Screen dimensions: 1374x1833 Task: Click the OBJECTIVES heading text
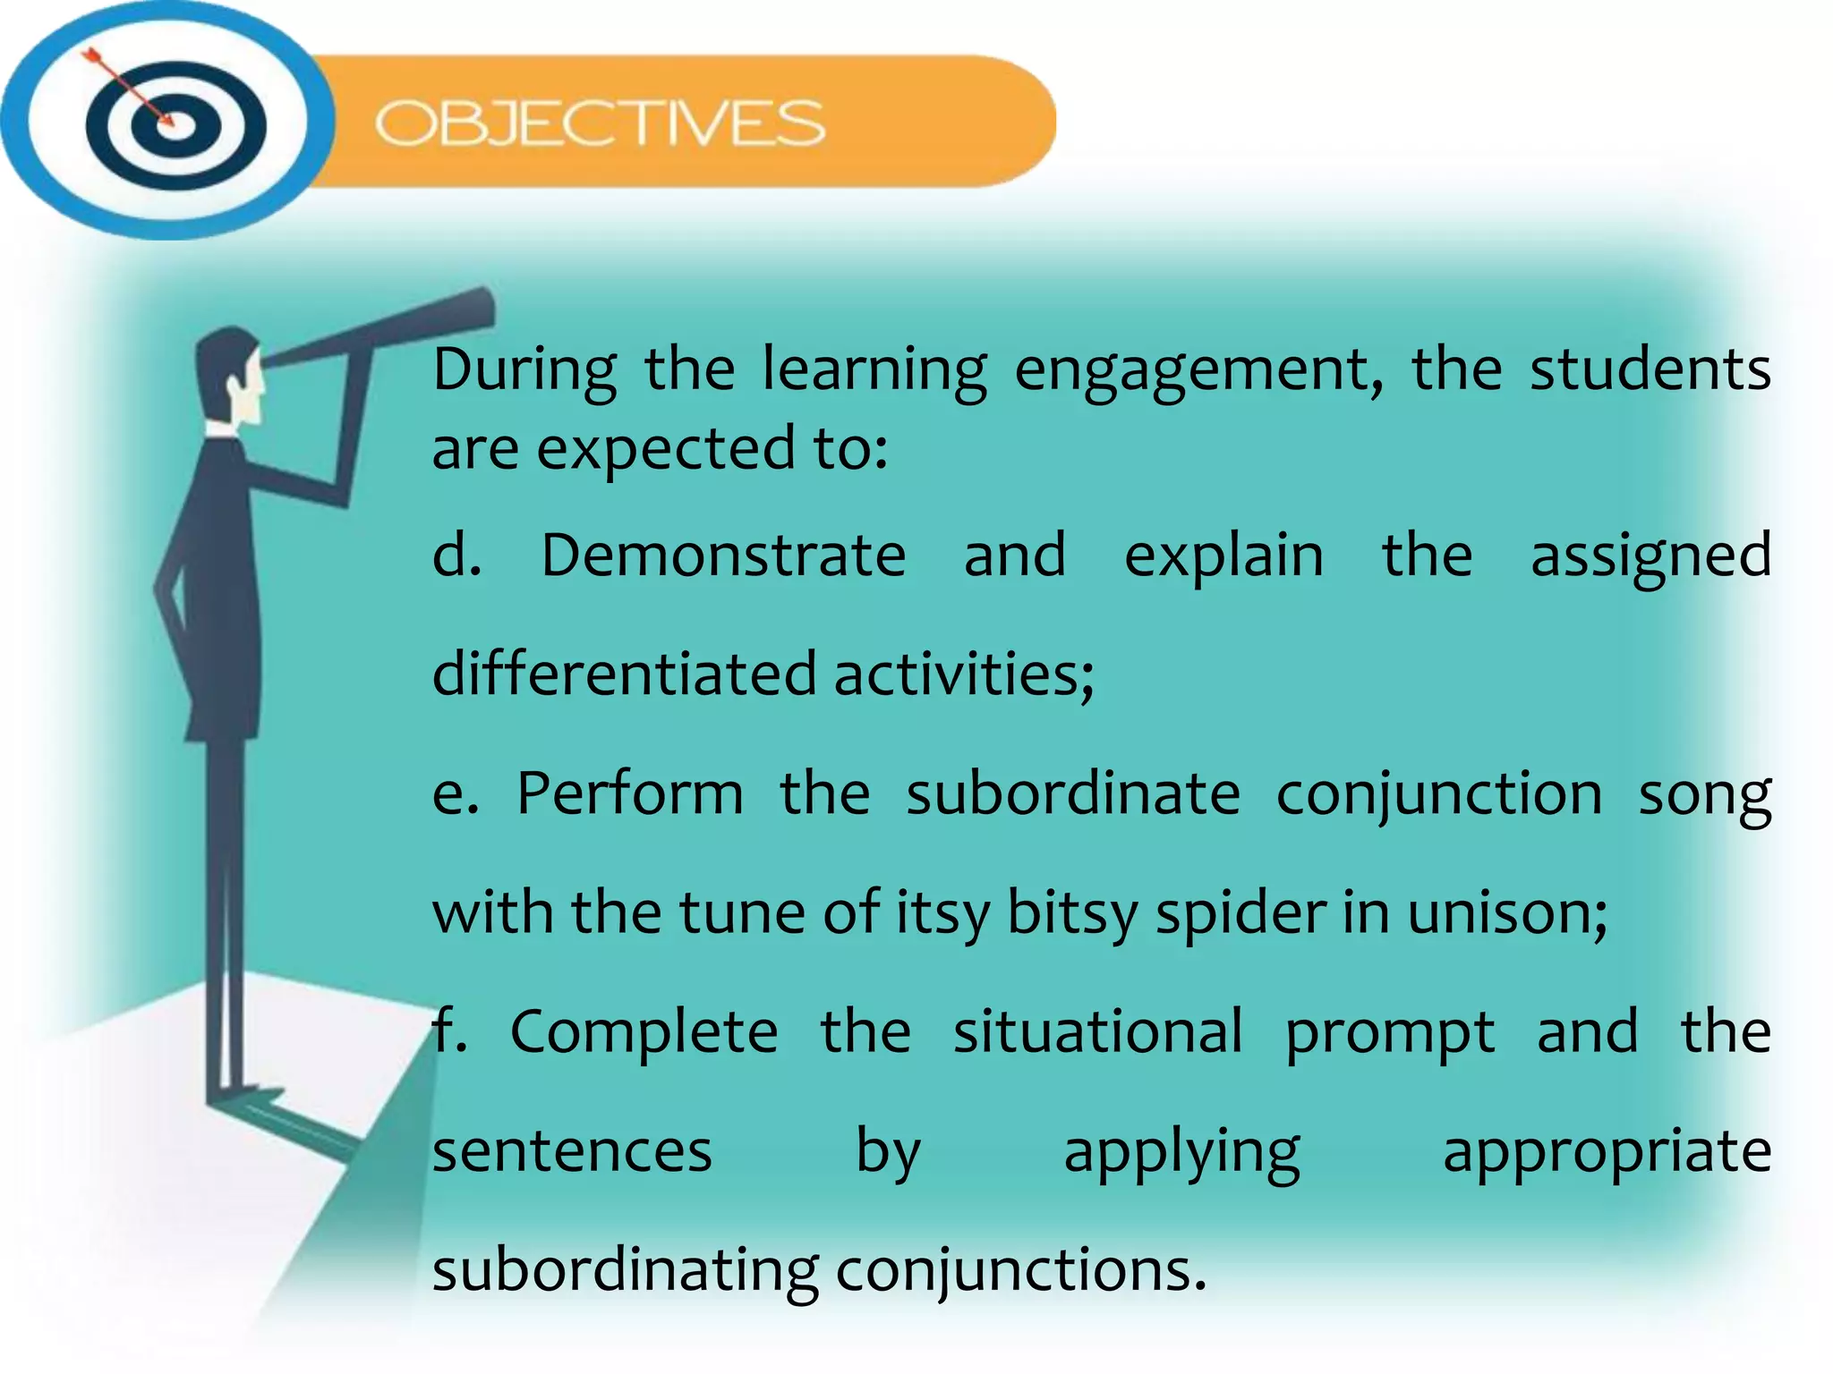pyautogui.click(x=600, y=123)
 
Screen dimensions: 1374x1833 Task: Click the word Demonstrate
pyautogui.click(x=723, y=556)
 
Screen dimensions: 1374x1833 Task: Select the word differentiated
pyautogui.click(x=624, y=674)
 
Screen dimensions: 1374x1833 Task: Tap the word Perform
pyautogui.click(x=630, y=793)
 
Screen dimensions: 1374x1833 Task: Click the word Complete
pyautogui.click(x=644, y=1032)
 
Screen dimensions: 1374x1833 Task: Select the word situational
pyautogui.click(x=1097, y=1032)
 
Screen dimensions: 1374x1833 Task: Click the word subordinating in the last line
pyautogui.click(x=625, y=1271)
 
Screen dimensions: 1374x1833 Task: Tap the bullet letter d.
pyautogui.click(x=455, y=556)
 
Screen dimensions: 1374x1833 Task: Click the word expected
pyautogui.click(x=664, y=450)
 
